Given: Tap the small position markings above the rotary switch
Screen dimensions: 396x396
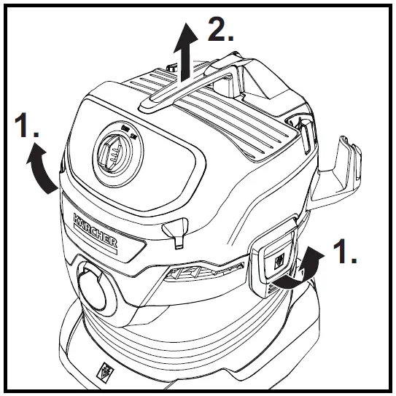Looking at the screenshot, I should (x=130, y=130).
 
